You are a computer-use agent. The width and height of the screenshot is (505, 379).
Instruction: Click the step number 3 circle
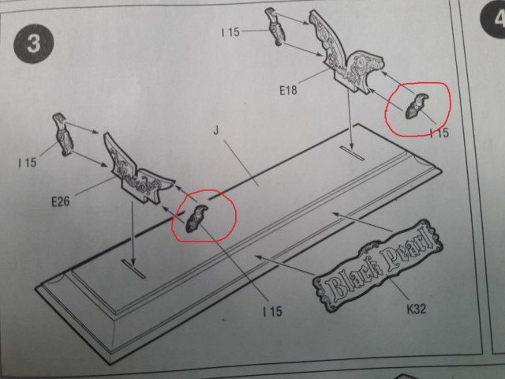click(x=33, y=45)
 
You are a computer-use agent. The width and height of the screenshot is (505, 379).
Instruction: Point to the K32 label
click(x=417, y=309)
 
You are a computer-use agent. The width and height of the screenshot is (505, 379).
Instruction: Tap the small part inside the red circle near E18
click(x=416, y=107)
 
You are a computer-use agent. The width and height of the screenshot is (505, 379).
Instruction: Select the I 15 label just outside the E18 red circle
click(x=439, y=133)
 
